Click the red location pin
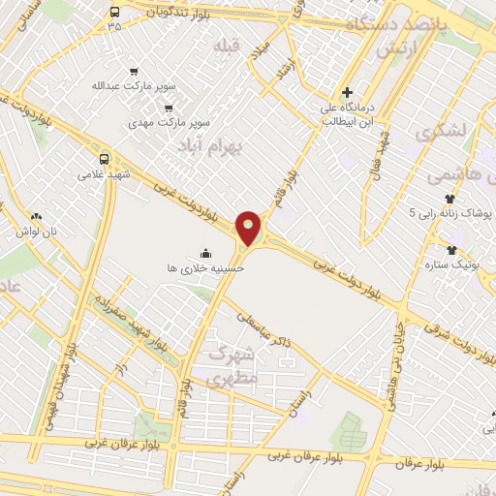pos(250,228)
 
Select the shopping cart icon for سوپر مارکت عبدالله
pos(134,71)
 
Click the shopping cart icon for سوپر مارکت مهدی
pos(170,108)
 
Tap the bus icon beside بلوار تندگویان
pos(115,12)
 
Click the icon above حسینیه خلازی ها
pos(205,252)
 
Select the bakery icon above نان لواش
pos(36,217)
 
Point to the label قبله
pos(227,46)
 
